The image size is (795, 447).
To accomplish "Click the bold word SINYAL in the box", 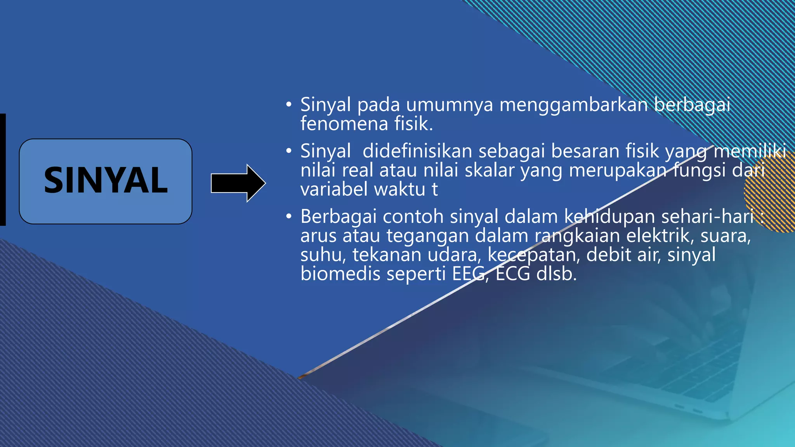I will click(106, 180).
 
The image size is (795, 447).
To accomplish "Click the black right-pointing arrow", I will click(238, 183).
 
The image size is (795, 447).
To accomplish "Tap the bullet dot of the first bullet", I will click(288, 105).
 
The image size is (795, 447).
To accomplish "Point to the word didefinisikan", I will click(417, 151).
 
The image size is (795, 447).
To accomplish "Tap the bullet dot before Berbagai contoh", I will click(288, 217).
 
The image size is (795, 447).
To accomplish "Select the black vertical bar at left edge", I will click(3, 170).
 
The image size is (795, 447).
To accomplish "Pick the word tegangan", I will click(427, 236).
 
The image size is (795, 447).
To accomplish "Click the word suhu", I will click(322, 255).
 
